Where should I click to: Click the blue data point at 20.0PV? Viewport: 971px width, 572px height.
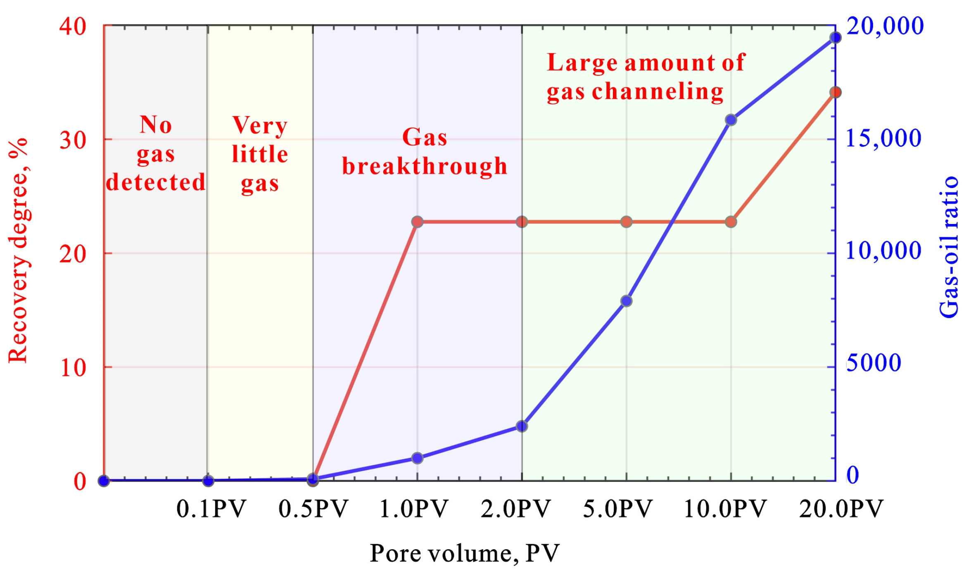click(x=835, y=38)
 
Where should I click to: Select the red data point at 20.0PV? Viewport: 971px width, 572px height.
click(x=835, y=92)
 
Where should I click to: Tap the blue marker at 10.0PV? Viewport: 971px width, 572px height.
click(x=731, y=120)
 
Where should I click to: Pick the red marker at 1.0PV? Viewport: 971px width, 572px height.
click(x=417, y=222)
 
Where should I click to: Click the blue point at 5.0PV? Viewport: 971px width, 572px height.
click(x=626, y=301)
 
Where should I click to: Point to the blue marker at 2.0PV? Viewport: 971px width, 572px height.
click(x=522, y=426)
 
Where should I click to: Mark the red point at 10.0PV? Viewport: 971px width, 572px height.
click(x=731, y=222)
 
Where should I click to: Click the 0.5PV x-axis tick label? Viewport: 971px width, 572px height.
click(x=313, y=509)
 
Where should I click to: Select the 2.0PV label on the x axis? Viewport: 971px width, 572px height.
click(x=515, y=509)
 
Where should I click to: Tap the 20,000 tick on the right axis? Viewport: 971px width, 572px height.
click(x=885, y=26)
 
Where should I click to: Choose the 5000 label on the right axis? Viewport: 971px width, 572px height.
click(x=874, y=363)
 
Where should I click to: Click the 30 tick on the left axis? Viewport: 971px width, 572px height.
click(x=73, y=140)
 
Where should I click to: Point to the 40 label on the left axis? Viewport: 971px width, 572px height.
click(x=73, y=27)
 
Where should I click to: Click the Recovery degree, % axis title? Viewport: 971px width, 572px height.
click(x=19, y=250)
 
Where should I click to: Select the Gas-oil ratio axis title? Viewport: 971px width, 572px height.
click(x=949, y=247)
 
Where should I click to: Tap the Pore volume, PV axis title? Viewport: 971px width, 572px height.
click(x=464, y=553)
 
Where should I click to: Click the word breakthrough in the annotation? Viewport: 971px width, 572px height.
click(x=425, y=166)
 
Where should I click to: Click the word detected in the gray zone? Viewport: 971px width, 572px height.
click(x=156, y=182)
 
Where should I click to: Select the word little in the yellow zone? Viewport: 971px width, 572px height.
click(x=260, y=154)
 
